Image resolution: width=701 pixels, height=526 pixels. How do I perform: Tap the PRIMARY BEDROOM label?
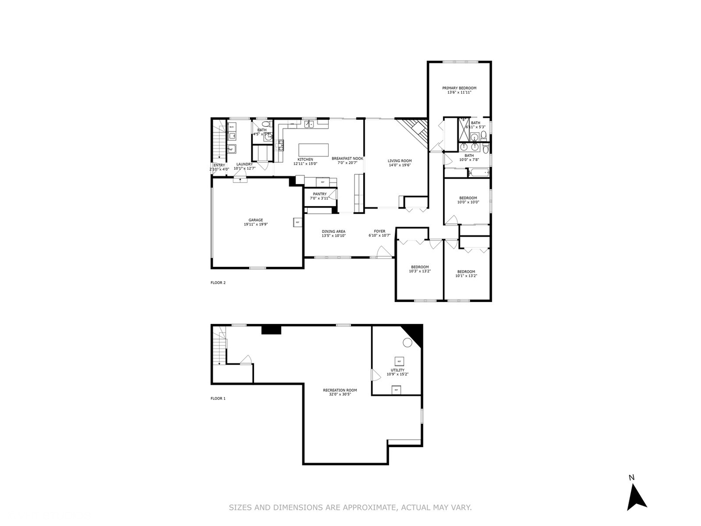pyautogui.click(x=459, y=88)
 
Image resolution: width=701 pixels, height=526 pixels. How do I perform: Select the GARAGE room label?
pyautogui.click(x=256, y=220)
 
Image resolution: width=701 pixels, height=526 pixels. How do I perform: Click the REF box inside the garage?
pyautogui.click(x=297, y=222)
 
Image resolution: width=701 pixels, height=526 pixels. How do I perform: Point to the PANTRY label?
pyautogui.click(x=320, y=194)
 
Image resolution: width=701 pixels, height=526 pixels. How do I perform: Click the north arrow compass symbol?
pyautogui.click(x=635, y=496)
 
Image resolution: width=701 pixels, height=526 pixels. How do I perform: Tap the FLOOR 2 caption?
pyautogui.click(x=218, y=282)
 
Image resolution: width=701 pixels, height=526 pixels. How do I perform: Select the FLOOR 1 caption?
pyautogui.click(x=218, y=398)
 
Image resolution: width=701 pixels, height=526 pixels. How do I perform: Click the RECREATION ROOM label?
pyautogui.click(x=340, y=390)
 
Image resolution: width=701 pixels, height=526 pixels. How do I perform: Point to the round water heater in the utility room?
pyautogui.click(x=407, y=342)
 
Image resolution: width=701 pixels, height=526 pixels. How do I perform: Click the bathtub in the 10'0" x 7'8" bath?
pyautogui.click(x=478, y=172)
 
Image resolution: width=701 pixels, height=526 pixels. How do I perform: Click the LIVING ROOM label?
pyautogui.click(x=400, y=161)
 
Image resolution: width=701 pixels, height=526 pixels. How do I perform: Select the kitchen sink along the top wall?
pyautogui.click(x=309, y=125)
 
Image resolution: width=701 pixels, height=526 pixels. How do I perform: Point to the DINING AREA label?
pyautogui.click(x=333, y=231)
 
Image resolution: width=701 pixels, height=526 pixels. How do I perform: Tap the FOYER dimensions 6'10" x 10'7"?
pyautogui.click(x=380, y=236)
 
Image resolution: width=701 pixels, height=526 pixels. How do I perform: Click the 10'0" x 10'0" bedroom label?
pyautogui.click(x=468, y=198)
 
